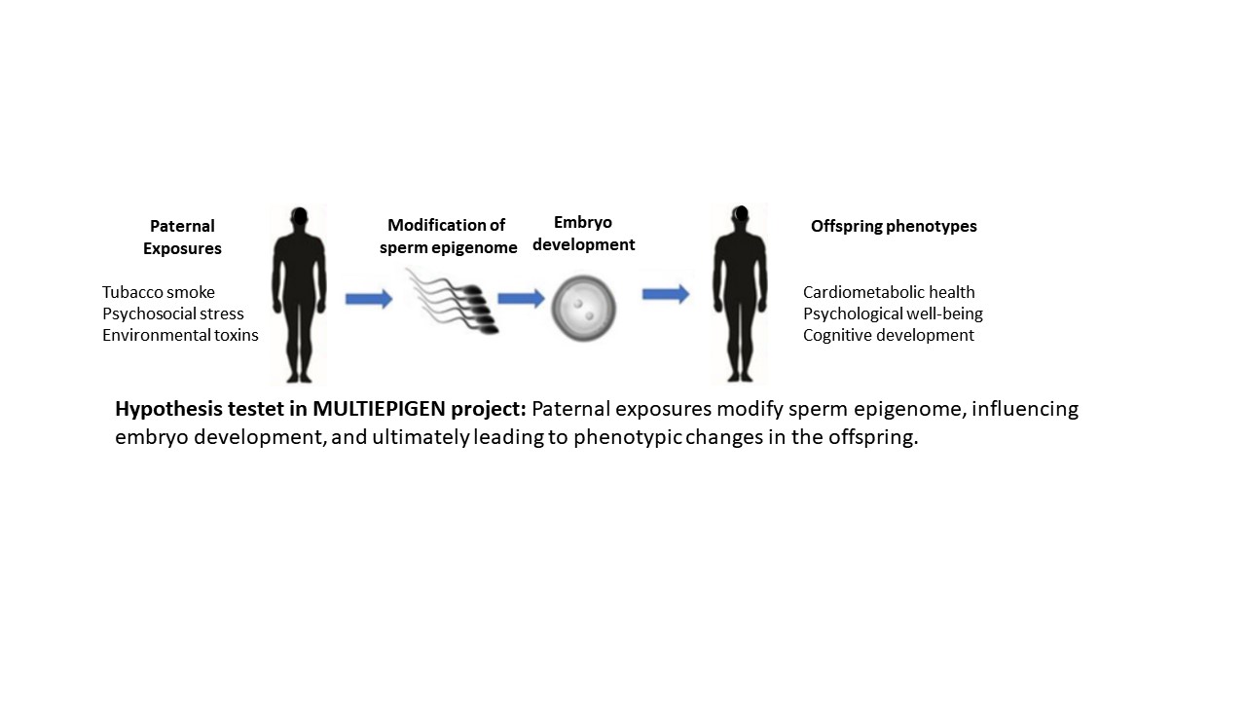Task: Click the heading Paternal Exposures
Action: pyautogui.click(x=182, y=238)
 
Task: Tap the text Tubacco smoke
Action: pyautogui.click(x=159, y=292)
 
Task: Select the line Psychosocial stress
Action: pyautogui.click(x=173, y=314)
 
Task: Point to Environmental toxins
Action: pyautogui.click(x=180, y=335)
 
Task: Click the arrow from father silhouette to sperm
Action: pyautogui.click(x=368, y=298)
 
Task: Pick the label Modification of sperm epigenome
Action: pyautogui.click(x=448, y=237)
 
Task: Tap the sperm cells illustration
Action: pyautogui.click(x=453, y=301)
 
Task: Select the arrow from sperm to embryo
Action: pyautogui.click(x=521, y=297)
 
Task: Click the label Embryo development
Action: pyautogui.click(x=584, y=234)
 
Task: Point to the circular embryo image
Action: pyautogui.click(x=584, y=307)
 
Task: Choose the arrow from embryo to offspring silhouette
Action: pyautogui.click(x=666, y=293)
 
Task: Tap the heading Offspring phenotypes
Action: pyautogui.click(x=894, y=226)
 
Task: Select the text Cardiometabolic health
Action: pyautogui.click(x=889, y=292)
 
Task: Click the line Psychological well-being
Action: pyautogui.click(x=893, y=314)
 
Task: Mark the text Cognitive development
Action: pyautogui.click(x=888, y=335)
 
